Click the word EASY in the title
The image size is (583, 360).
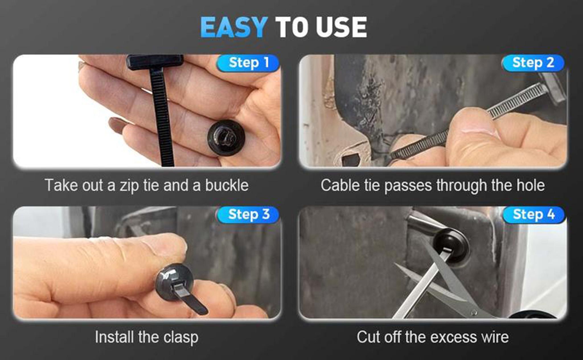click(x=233, y=27)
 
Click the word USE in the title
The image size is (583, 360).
click(x=341, y=27)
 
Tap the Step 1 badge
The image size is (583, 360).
click(x=248, y=63)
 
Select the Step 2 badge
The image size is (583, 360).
click(x=533, y=63)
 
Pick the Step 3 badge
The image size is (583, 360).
click(x=248, y=215)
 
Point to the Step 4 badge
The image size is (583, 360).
click(x=533, y=215)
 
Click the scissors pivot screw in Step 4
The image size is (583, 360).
click(x=474, y=313)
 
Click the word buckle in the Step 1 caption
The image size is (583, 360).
click(x=227, y=186)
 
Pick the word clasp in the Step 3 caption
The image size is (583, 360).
click(x=181, y=338)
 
